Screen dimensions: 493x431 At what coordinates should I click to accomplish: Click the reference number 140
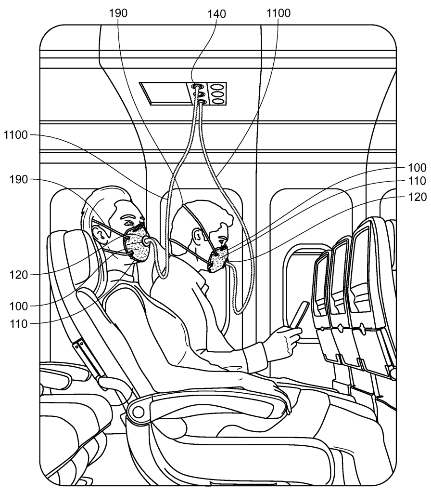202,13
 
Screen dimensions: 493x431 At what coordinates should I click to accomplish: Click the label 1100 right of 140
278,13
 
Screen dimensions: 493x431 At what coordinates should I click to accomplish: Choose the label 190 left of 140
118,13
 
